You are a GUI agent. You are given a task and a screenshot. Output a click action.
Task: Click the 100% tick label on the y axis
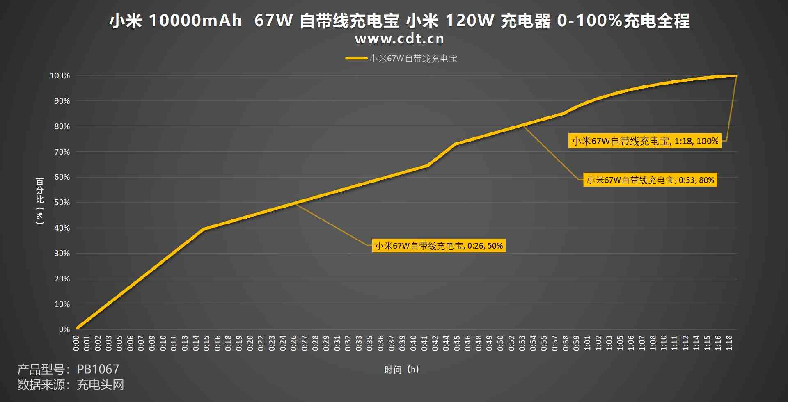pos(60,76)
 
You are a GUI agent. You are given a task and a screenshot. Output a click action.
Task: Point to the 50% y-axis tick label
pos(62,203)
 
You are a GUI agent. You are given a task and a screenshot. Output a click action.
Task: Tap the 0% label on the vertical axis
pos(64,329)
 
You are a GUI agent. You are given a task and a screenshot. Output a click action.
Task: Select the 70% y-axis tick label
pos(62,152)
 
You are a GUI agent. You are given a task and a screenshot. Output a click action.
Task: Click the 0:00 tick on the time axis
pos(76,343)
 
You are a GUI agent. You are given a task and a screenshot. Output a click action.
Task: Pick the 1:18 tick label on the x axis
pos(729,343)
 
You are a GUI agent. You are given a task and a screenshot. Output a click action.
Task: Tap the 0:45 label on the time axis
pos(457,343)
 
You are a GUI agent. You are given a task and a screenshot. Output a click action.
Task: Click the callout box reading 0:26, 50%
pos(439,246)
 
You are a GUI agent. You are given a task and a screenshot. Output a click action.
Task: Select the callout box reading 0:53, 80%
pos(650,180)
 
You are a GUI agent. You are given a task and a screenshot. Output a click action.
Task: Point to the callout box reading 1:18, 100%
pos(645,141)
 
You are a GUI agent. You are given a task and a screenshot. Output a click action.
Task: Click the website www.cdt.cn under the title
pos(399,39)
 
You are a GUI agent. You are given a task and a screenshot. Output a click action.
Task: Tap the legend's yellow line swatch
pos(356,58)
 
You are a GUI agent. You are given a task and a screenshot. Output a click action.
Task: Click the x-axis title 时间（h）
pos(401,370)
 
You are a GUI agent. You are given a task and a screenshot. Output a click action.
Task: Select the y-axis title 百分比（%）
pos(40,201)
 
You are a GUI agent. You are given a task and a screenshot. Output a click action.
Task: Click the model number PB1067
pos(98,369)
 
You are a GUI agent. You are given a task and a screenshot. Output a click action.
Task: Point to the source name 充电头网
pos(100,385)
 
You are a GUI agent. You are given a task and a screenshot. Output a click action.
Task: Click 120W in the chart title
pos(470,21)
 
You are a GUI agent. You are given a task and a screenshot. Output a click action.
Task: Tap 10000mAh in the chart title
pos(195,21)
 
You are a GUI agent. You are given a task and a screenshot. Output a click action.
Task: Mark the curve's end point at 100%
pos(736,76)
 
